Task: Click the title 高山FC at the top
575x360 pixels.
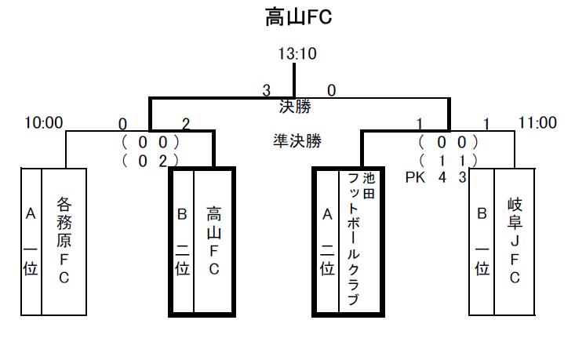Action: pos(298,16)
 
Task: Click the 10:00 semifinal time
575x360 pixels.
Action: pos(43,123)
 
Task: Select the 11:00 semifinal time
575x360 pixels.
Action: pos(537,123)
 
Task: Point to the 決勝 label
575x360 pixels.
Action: pos(294,106)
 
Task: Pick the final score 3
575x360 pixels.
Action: pos(267,91)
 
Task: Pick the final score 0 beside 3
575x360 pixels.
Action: pos(331,91)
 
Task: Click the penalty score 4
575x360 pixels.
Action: pos(442,177)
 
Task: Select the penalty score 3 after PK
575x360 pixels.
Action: pos(463,177)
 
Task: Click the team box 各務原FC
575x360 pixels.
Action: pos(64,241)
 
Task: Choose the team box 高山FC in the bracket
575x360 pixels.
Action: pos(213,241)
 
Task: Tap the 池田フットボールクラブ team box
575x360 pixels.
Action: pos(360,241)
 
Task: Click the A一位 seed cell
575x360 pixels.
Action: pos(31,241)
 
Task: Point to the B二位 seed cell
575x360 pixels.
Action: pos(182,241)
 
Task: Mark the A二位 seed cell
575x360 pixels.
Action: pos(326,241)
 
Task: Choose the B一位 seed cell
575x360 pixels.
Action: pos(482,241)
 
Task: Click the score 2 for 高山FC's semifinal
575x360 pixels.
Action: pos(185,123)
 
